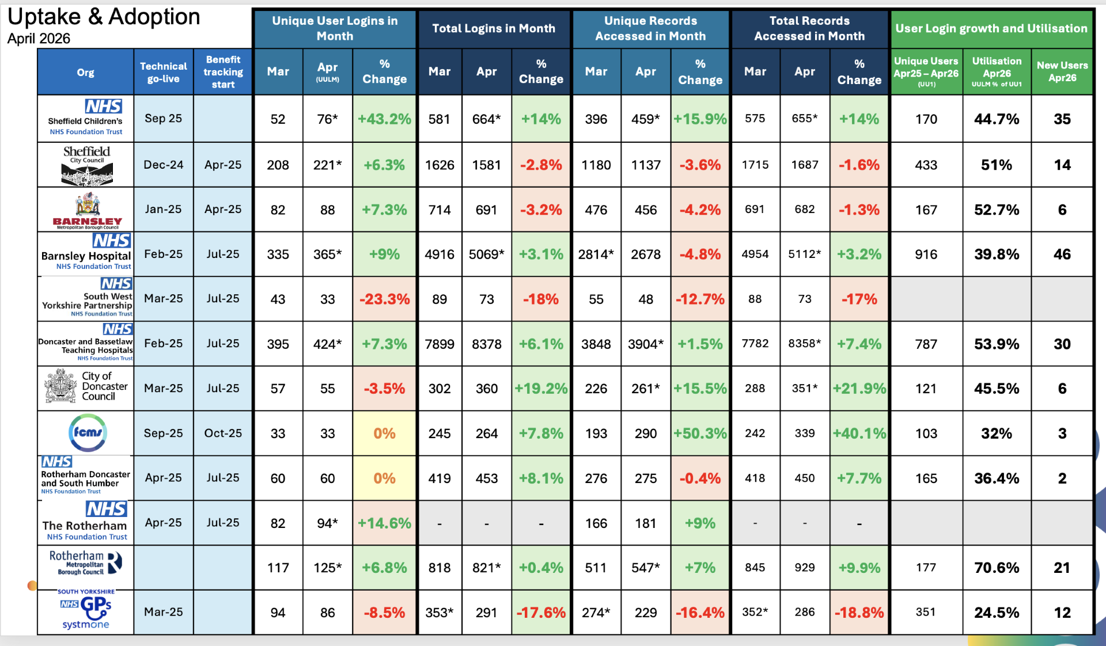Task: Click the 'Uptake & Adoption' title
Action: tap(104, 17)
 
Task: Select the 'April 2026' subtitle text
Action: tap(39, 39)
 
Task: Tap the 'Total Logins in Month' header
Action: tap(494, 28)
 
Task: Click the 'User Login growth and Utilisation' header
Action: tap(991, 28)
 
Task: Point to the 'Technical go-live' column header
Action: tap(164, 73)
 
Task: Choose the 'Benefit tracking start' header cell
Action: tap(223, 72)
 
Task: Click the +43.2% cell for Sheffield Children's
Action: tap(384, 119)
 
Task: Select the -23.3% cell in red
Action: tap(384, 299)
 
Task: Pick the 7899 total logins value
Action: tap(440, 344)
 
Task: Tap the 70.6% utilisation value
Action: tap(997, 568)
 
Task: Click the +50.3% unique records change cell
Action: tap(700, 434)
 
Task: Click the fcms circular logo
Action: tap(88, 433)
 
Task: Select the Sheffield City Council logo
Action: tap(87, 165)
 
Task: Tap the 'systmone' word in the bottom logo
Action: tap(86, 625)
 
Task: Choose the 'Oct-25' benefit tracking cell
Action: tap(223, 434)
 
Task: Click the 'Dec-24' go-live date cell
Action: tap(164, 165)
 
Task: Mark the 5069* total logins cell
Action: tap(487, 254)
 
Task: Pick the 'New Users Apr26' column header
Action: tap(1062, 72)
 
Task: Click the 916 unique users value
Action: tap(926, 254)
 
